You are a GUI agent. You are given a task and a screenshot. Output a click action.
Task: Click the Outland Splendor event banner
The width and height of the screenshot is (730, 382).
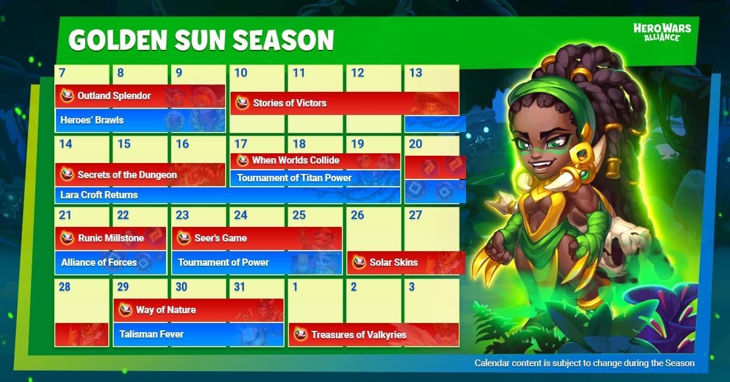(140, 96)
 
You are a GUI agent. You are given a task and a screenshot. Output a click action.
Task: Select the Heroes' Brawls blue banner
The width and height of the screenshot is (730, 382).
(140, 120)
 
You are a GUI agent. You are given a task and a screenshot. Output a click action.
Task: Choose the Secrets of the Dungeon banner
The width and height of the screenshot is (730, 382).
(140, 175)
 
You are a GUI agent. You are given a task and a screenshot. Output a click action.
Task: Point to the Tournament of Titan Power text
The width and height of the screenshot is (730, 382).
(294, 178)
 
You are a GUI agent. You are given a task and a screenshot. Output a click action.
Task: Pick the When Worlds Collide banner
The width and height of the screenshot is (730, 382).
(315, 161)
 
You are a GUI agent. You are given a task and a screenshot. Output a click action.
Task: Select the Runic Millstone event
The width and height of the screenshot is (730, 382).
(111, 238)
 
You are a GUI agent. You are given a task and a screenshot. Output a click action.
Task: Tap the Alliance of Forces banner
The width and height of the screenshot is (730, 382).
(111, 262)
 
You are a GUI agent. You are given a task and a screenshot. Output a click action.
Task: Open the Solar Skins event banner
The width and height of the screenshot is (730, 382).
(406, 262)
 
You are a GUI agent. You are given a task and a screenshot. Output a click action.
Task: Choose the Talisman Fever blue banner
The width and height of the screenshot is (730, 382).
(198, 335)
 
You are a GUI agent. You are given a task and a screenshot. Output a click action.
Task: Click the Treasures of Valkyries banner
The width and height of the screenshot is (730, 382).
(374, 335)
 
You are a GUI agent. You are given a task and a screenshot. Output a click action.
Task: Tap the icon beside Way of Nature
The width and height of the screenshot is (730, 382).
(125, 310)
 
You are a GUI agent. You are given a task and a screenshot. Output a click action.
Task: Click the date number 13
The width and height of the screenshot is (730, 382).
(415, 72)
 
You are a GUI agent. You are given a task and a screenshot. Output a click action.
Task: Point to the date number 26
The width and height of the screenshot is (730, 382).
(357, 215)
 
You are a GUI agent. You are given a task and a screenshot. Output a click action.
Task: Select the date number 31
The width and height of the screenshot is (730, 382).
(240, 287)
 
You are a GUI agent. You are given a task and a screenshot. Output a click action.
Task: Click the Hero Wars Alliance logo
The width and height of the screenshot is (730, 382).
(662, 32)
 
